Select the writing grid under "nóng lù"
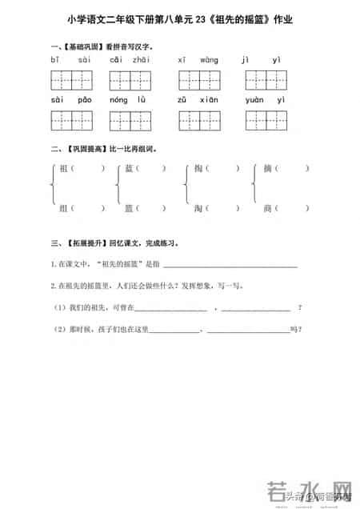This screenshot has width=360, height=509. click(x=134, y=120)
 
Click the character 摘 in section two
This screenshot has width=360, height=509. click(x=269, y=169)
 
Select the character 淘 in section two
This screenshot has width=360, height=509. click(x=198, y=206)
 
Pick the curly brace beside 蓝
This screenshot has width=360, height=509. click(x=118, y=188)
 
